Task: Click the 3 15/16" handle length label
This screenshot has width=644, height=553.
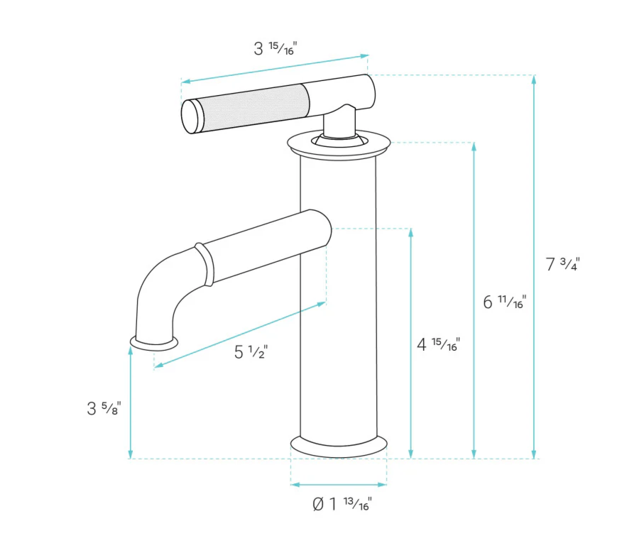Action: pyautogui.click(x=275, y=49)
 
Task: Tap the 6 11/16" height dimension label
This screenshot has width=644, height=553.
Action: pyautogui.click(x=503, y=302)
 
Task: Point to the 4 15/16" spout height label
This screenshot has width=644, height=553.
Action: pyautogui.click(x=438, y=344)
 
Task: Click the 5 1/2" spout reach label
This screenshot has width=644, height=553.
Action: pyautogui.click(x=250, y=351)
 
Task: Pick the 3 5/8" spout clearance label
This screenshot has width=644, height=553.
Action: pyautogui.click(x=104, y=408)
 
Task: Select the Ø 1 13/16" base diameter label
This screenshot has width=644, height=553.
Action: pyautogui.click(x=342, y=505)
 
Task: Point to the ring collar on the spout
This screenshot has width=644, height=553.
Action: pyautogui.click(x=204, y=264)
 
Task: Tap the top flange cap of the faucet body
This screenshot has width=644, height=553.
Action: pyautogui.click(x=339, y=143)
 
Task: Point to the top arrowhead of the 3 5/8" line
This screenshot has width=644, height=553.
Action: pyautogui.click(x=131, y=351)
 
